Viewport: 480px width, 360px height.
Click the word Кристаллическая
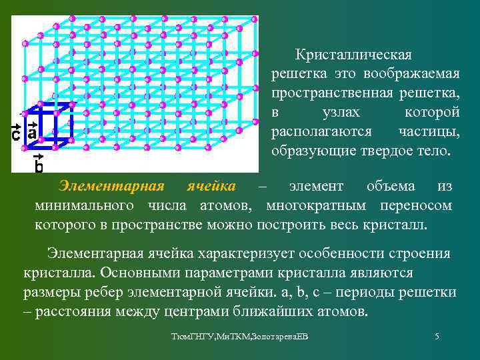click(x=355, y=54)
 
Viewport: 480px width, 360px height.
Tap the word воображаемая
click(x=411, y=73)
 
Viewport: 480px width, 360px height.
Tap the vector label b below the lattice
click(x=39, y=164)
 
